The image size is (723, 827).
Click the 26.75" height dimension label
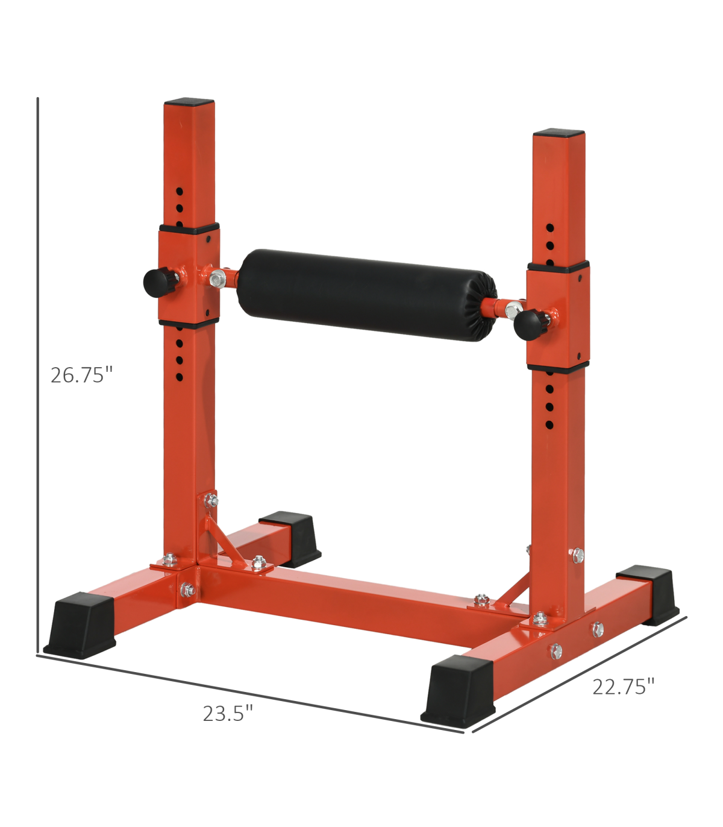point(81,375)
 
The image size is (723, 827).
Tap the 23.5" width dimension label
point(228,714)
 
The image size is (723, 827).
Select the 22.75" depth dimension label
point(623,687)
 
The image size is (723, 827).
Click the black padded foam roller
point(366,295)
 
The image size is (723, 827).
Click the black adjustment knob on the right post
point(531,324)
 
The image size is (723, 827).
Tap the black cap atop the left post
point(189,102)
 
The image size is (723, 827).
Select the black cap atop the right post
point(559,133)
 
